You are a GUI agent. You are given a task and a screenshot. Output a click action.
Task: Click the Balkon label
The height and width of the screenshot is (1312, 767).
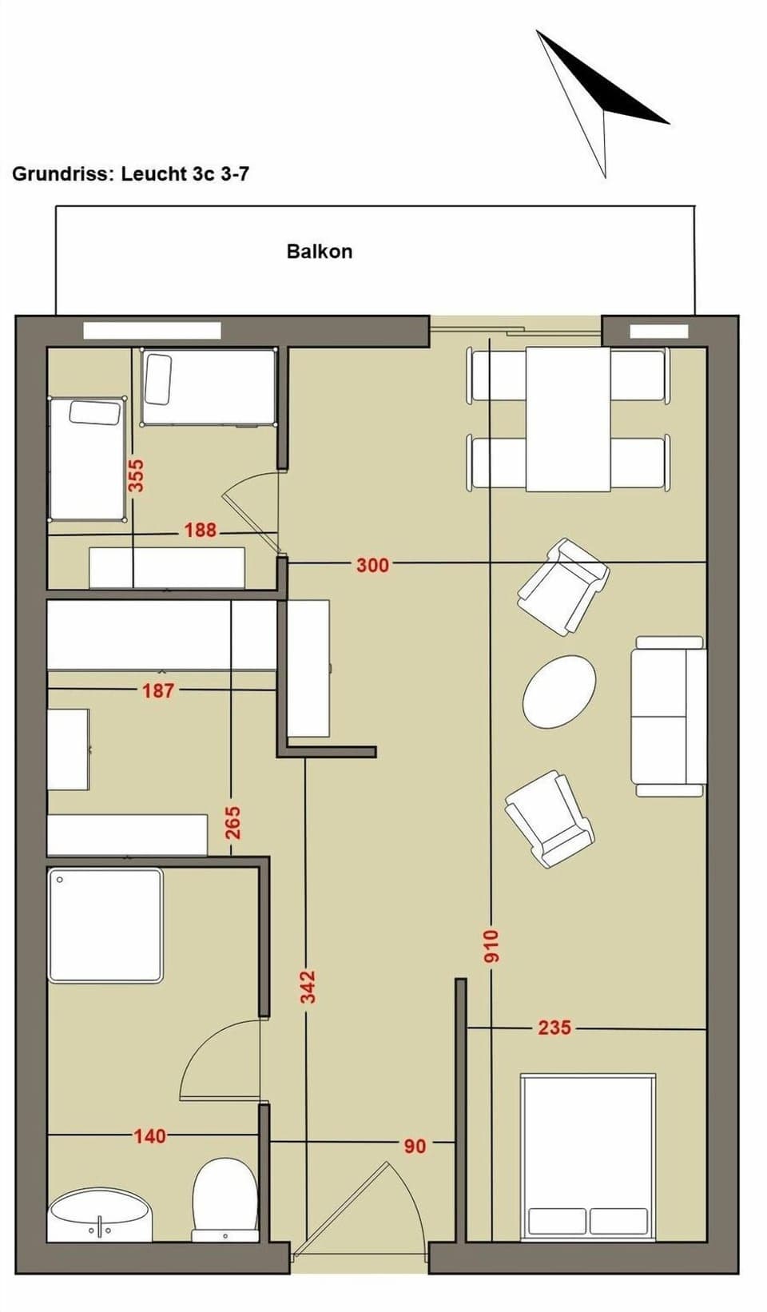point(320,251)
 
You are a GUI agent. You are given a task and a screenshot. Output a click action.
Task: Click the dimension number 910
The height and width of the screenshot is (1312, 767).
point(491,945)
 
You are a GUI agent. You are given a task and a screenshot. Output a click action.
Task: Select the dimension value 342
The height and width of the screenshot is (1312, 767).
point(308,986)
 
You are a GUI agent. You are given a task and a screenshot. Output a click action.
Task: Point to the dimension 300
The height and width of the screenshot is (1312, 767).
point(372,565)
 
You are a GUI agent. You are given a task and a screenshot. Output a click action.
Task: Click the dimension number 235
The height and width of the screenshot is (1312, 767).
point(554,1028)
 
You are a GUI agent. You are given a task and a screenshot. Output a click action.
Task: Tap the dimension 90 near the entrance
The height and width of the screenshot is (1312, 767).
point(414,1146)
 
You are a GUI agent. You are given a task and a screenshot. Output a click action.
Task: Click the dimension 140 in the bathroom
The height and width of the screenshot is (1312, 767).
point(149,1135)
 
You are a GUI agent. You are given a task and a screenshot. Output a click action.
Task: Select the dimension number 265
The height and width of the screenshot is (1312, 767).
point(232,823)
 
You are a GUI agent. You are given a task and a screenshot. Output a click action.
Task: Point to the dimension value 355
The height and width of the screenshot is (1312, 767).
point(136,475)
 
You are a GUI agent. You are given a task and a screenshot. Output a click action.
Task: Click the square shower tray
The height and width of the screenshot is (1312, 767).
point(105,925)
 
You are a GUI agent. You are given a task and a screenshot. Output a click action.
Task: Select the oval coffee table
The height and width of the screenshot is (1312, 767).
point(559,692)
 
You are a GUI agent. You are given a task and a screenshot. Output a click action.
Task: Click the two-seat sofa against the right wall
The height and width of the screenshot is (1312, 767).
point(669,716)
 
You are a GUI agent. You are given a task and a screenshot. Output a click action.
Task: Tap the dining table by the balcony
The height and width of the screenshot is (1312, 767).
point(568,419)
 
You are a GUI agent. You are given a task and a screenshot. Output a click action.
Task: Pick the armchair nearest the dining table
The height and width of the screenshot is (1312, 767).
point(563,586)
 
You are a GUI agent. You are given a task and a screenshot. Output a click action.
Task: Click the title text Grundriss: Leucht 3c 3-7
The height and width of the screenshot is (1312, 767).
point(130,173)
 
